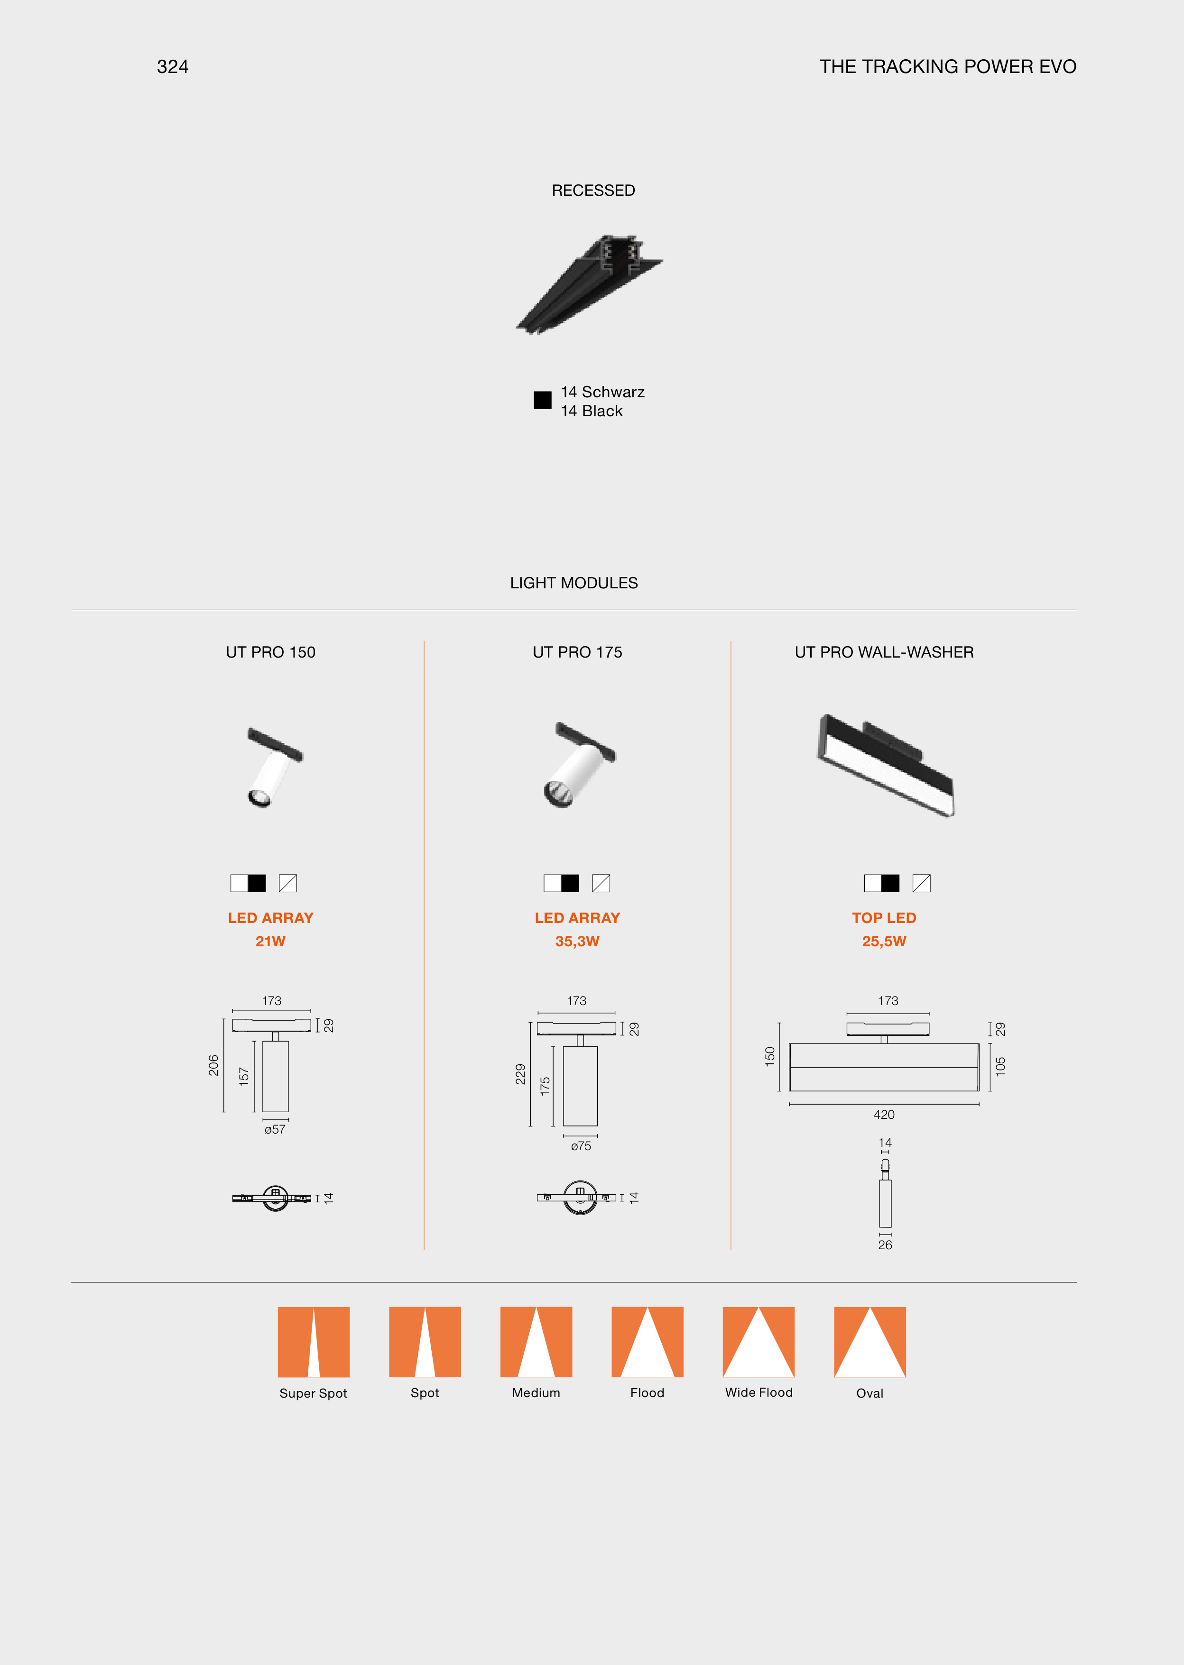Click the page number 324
[x=173, y=67]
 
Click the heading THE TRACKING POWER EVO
[x=948, y=67]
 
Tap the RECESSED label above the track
[x=593, y=190]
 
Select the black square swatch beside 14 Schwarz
[x=542, y=400]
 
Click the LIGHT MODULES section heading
[x=574, y=583]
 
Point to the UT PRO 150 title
[x=270, y=652]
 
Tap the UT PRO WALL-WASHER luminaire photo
[x=886, y=766]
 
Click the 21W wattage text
[x=270, y=942]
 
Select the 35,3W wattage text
[x=577, y=942]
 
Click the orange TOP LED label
[x=884, y=918]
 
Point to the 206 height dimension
[x=213, y=1065]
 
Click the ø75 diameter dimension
[x=581, y=1146]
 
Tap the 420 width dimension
[x=884, y=1115]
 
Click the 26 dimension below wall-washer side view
[x=885, y=1245]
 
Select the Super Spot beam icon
[x=314, y=1342]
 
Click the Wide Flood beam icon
[x=758, y=1342]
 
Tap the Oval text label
[x=870, y=1393]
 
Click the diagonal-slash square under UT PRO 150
[x=288, y=883]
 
